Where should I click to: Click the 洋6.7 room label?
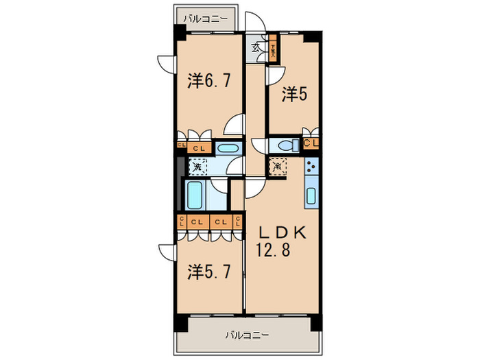click(209, 81)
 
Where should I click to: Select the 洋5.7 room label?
click(209, 272)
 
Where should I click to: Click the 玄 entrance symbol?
click(256, 47)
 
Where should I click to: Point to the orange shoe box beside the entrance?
click(272, 49)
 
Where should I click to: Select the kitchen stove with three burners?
click(311, 167)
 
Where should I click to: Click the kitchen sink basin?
click(311, 196)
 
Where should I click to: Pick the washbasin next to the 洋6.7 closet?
click(227, 148)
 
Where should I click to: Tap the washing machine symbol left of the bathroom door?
click(197, 166)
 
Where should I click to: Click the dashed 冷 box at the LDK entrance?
click(278, 166)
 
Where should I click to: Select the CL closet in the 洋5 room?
click(311, 143)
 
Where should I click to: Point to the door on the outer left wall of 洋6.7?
click(165, 62)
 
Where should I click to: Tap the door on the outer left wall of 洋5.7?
click(165, 251)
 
